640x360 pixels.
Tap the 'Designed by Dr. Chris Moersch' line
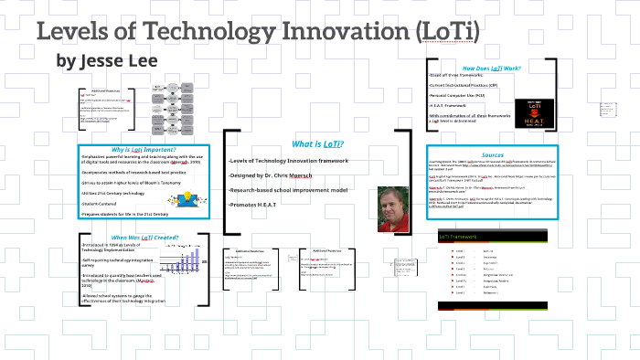point(275,175)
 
